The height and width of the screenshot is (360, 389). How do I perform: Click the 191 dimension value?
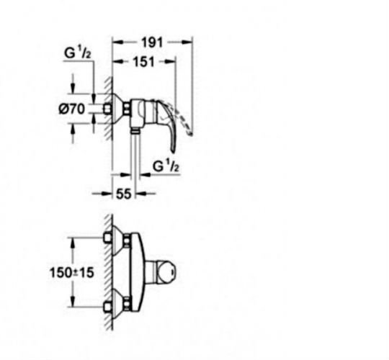click(x=152, y=42)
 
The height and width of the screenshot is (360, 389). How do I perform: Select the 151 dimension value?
click(x=144, y=62)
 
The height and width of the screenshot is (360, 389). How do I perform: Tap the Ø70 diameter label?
click(x=72, y=109)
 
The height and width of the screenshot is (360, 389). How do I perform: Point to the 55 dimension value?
click(x=123, y=194)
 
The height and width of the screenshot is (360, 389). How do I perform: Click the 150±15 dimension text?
click(x=72, y=272)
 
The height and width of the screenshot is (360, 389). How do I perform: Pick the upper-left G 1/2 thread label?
click(x=77, y=53)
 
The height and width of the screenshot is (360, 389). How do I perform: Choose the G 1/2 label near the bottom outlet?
click(x=166, y=166)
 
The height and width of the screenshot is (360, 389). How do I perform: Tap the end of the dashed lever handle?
click(x=190, y=134)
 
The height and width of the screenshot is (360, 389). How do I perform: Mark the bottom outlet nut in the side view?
click(x=135, y=131)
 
